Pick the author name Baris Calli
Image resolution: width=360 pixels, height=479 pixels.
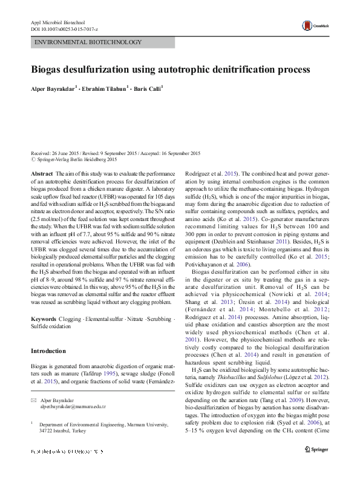click(x=149, y=87)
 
